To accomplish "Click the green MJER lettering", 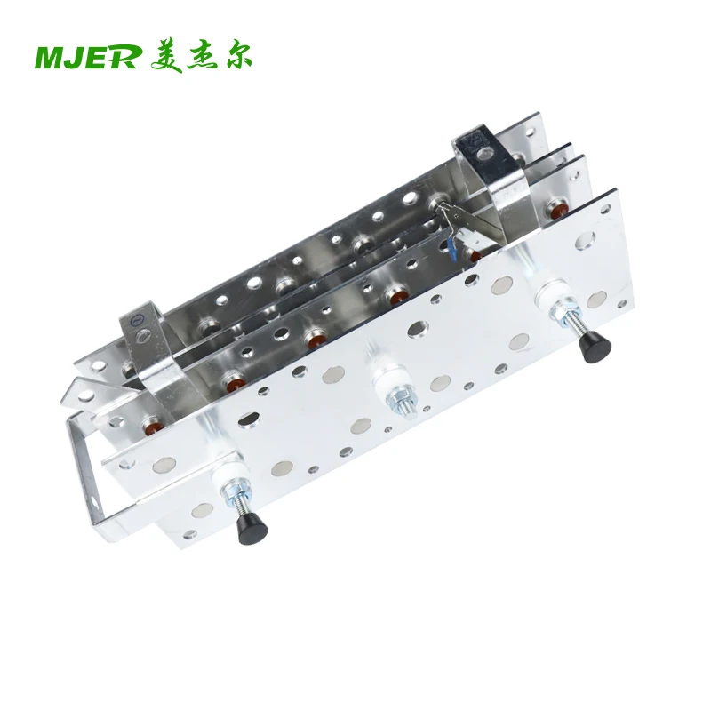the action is point(86,58).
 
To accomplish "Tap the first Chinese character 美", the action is point(166,58).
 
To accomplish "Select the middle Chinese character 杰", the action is point(202,58).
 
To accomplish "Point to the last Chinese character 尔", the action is point(236,58).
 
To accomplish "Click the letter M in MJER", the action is point(49,58).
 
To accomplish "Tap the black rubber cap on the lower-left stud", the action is point(252,528).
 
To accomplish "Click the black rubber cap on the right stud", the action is point(595,347).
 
